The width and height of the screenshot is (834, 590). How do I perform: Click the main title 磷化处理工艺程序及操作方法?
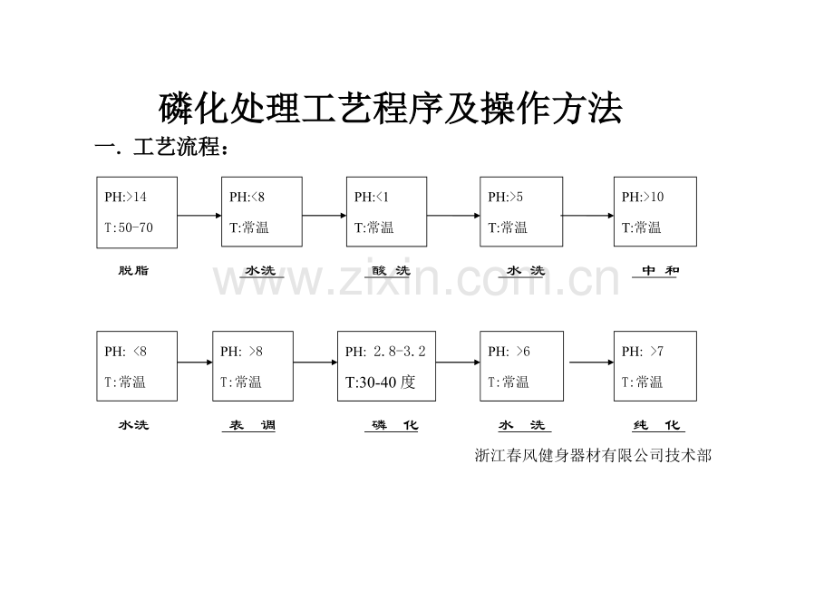[391, 109]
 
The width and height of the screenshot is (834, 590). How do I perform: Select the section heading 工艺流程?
[176, 147]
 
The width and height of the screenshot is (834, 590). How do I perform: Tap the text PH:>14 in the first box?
[125, 198]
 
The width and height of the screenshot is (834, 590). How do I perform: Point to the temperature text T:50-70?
[129, 227]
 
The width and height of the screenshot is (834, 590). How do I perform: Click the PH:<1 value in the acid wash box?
[372, 198]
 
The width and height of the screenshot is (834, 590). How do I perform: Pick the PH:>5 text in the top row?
[505, 198]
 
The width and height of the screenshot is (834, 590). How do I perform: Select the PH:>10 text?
[643, 198]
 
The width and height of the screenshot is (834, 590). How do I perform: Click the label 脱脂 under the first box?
[133, 271]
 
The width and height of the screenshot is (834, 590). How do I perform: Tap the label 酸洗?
[391, 271]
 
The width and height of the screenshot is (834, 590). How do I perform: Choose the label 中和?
[660, 271]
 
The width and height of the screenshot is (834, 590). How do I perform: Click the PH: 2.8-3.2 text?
[385, 352]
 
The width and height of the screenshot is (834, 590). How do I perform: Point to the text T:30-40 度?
[381, 382]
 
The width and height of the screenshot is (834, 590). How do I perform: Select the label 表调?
[252, 425]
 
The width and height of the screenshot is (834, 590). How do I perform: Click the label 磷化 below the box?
[394, 425]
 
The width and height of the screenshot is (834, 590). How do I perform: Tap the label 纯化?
[656, 425]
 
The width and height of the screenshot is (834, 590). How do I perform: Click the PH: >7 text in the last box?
[643, 352]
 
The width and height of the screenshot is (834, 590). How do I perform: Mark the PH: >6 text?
[509, 352]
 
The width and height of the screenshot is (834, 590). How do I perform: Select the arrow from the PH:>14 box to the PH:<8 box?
[199, 216]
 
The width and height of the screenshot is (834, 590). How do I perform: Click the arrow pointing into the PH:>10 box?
[588, 216]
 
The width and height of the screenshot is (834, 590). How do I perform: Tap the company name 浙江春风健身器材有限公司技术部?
[593, 456]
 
